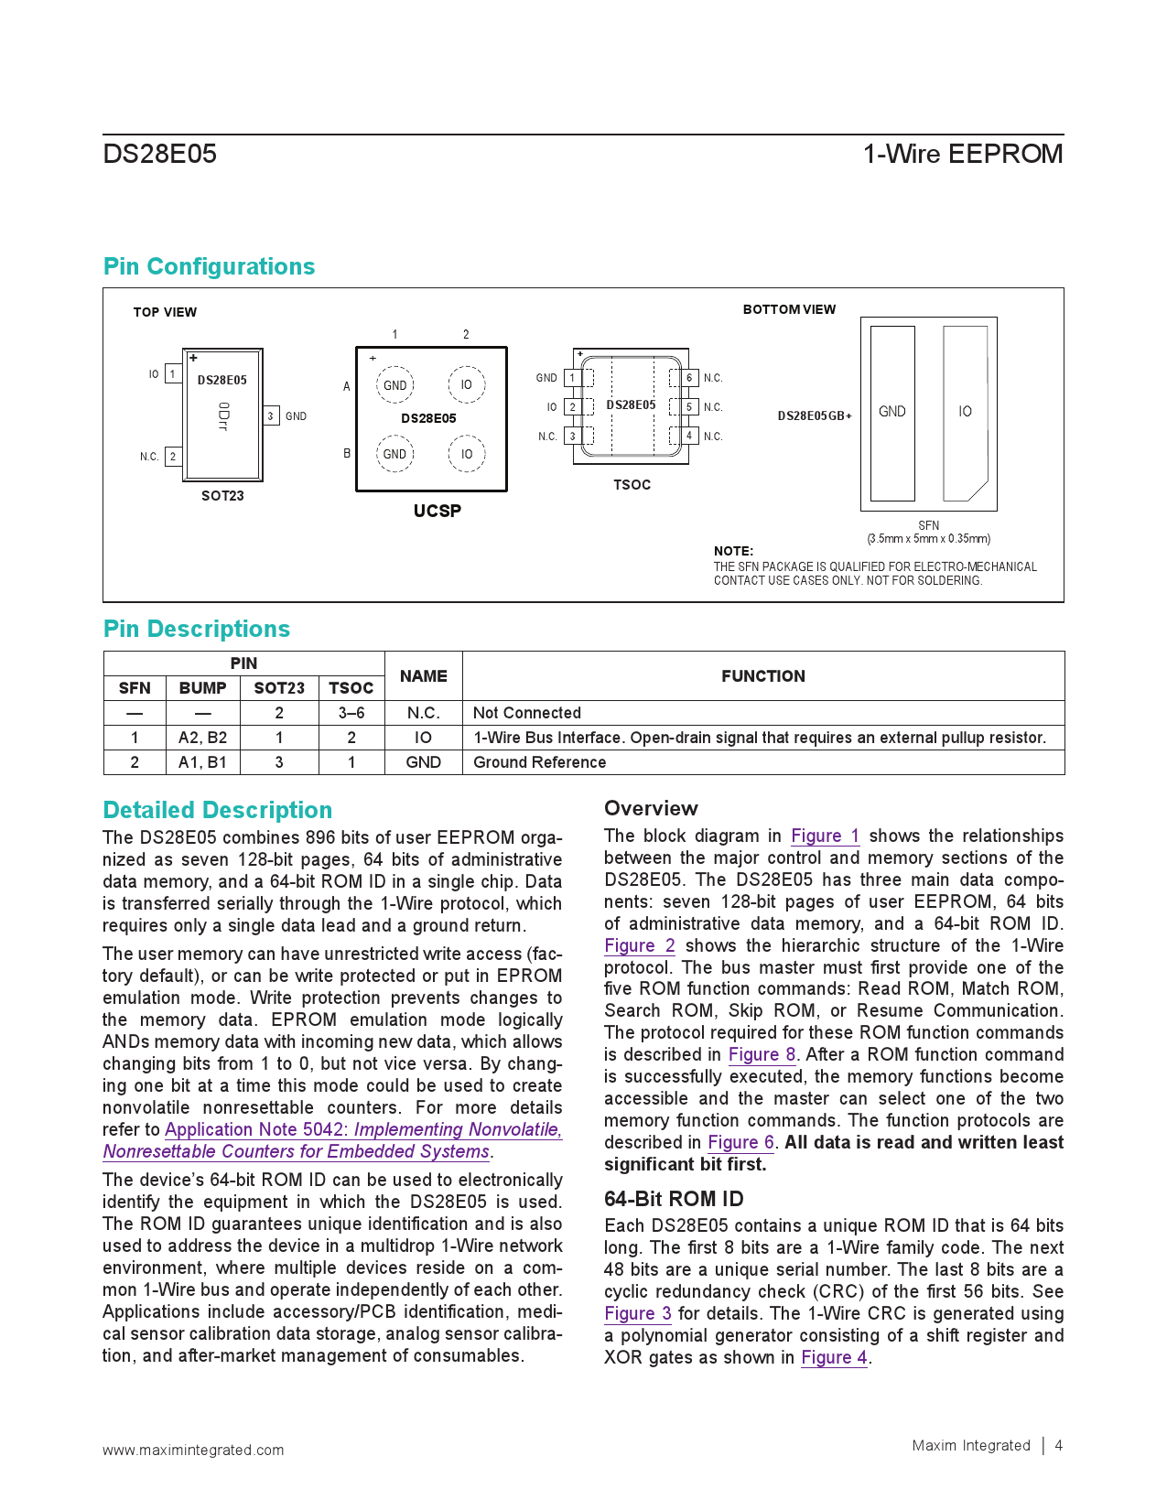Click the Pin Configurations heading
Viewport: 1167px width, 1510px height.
point(209,266)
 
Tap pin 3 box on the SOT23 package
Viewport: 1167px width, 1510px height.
point(271,416)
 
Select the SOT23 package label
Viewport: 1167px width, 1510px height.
point(222,496)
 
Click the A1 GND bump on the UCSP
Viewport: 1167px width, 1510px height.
point(394,385)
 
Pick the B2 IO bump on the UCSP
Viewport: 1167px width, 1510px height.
point(467,454)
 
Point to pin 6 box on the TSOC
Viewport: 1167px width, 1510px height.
point(689,378)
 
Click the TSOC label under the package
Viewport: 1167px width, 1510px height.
point(632,485)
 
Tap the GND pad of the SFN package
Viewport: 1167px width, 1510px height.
point(892,413)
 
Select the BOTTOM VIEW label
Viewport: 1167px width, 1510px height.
point(789,309)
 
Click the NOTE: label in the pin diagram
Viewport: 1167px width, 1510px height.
point(733,551)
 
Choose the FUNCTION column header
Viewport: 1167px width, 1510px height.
point(762,676)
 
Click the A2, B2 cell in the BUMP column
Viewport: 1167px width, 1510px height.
point(202,738)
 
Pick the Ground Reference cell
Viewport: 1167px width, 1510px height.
point(539,762)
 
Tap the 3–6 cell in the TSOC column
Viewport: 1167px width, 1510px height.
point(351,713)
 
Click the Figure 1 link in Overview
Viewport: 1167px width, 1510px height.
point(825,836)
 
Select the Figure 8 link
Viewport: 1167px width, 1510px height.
point(762,1054)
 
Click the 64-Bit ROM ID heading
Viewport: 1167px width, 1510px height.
point(673,1199)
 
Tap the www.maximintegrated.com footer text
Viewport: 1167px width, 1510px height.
point(193,1450)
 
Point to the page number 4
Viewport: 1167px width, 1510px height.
point(1059,1446)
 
